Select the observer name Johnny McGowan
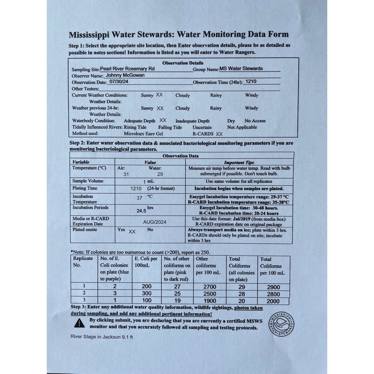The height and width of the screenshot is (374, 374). point(126,74)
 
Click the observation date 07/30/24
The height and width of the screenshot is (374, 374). point(118,81)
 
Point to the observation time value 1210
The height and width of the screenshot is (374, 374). point(251,81)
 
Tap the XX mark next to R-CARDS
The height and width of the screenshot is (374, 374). point(219,134)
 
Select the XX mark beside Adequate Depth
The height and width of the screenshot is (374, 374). point(163,120)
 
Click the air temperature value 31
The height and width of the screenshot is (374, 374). point(126,174)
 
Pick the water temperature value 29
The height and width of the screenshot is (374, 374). point(160,174)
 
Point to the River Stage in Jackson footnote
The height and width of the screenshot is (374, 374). point(99,336)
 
